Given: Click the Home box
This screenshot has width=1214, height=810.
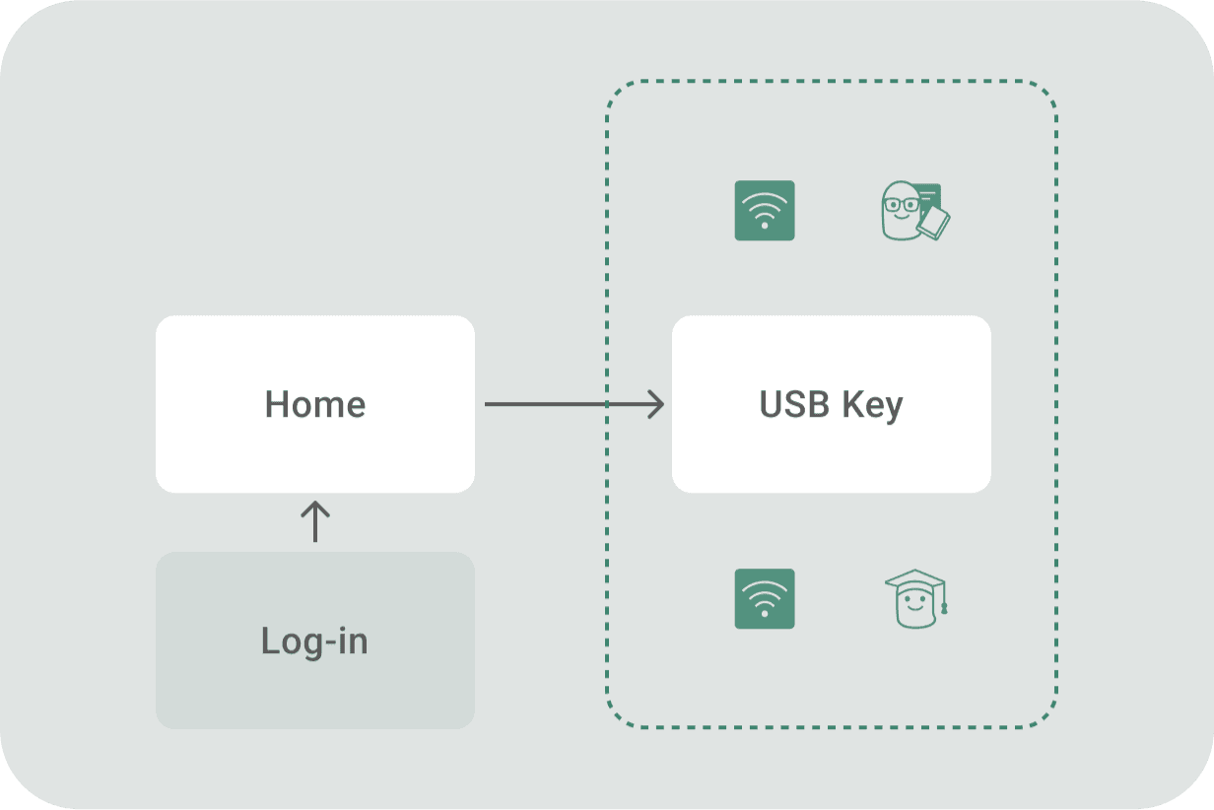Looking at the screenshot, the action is coord(315,404).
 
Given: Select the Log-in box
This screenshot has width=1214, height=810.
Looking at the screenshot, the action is coord(315,641).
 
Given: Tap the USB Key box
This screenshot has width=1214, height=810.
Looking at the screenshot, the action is coord(832,404).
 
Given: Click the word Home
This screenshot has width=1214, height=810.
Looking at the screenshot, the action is coord(315,404).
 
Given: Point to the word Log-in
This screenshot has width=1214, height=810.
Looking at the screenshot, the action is coord(315,641).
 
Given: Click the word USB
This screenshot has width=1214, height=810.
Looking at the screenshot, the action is coord(794,404).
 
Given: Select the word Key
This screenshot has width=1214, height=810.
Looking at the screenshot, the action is coord(873,406).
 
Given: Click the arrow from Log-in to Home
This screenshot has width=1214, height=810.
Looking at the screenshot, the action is coord(315,521).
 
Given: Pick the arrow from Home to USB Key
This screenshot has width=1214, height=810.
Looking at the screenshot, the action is coord(574,404).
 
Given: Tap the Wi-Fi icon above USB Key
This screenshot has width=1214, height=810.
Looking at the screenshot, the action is coord(765,210).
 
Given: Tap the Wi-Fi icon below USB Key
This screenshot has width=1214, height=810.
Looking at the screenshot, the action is coord(765,599).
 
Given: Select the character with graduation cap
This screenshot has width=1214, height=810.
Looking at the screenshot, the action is coord(916,599).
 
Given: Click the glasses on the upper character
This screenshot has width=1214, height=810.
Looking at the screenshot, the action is coord(902,205).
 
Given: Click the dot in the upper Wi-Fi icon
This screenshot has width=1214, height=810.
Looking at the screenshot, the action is coord(765,226).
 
